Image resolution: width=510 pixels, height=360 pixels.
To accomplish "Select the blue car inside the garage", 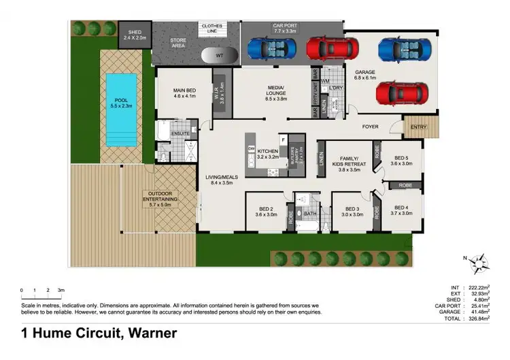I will (x=404, y=48).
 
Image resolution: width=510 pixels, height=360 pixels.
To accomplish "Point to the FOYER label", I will (x=370, y=126).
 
